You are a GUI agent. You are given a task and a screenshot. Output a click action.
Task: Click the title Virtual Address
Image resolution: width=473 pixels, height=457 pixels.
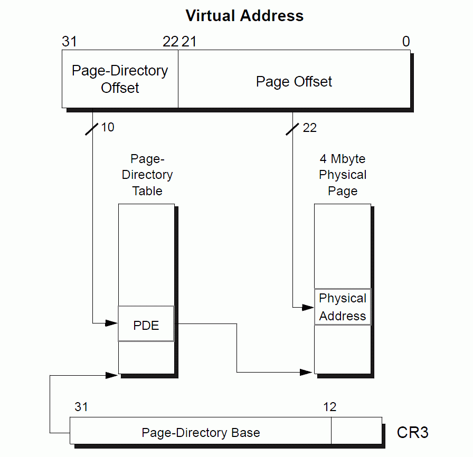point(244,16)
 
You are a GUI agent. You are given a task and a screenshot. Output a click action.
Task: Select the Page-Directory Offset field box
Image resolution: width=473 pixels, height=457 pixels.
point(120,79)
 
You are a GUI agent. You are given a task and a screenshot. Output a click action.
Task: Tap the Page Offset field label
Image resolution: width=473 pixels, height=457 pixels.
point(294,82)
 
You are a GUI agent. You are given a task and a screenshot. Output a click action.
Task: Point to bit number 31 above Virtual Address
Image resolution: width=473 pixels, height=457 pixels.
point(70,42)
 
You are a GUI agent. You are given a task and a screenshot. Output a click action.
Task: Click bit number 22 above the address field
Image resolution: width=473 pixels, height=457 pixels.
point(171,42)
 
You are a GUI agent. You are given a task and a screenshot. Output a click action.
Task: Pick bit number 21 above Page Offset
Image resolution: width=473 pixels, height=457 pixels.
point(189,42)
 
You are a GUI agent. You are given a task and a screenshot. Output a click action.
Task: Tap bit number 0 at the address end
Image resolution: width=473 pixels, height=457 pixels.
point(405,42)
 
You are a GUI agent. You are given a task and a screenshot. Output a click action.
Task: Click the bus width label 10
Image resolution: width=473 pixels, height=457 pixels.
point(107,127)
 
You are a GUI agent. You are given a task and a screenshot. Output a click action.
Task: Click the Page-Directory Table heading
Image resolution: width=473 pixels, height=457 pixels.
point(147,175)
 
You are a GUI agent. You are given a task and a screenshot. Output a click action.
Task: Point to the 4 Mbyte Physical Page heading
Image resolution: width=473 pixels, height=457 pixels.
point(343,175)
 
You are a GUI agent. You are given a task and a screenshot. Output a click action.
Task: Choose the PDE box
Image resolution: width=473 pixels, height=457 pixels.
point(146,325)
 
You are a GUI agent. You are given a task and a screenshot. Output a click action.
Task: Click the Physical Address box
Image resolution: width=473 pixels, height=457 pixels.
point(343,307)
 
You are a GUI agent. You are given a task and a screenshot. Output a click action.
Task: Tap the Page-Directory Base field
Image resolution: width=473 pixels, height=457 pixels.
point(201,433)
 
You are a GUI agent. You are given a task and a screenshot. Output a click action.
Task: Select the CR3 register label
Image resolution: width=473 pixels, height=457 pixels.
point(412,433)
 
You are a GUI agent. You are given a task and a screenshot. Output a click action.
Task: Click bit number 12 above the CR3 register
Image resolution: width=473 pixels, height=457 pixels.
point(329,407)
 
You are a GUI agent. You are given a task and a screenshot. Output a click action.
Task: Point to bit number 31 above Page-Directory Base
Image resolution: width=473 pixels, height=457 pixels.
point(81,407)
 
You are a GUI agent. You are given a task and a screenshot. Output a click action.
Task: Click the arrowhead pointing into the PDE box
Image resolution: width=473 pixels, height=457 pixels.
point(112,323)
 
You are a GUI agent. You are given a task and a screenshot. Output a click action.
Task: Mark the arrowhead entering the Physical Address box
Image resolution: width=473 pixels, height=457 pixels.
point(308,307)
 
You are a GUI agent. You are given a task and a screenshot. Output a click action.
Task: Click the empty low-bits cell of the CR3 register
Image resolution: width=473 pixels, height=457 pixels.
point(356,431)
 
